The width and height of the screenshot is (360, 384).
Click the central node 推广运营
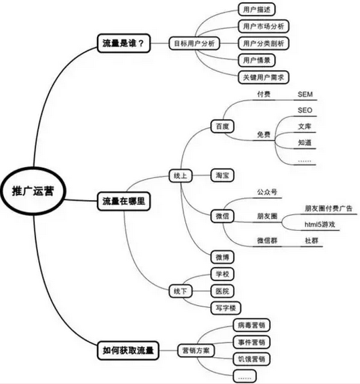click(33, 191)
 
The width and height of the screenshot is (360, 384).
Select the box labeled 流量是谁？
click(124, 43)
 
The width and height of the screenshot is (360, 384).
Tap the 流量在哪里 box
click(124, 201)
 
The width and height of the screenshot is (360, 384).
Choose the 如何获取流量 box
click(128, 351)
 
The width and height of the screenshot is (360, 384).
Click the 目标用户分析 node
click(194, 43)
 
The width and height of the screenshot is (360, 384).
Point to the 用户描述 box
click(257, 10)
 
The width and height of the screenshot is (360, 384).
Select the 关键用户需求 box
click(264, 78)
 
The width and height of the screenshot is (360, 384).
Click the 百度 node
click(222, 126)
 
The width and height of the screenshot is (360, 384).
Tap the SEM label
click(305, 94)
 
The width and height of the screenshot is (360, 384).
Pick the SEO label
click(305, 110)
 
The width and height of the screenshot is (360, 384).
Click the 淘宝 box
click(222, 175)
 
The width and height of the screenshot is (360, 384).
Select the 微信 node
click(222, 216)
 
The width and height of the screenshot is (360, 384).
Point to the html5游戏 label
click(320, 224)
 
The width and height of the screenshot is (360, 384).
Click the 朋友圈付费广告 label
click(329, 209)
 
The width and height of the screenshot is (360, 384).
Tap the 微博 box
click(222, 257)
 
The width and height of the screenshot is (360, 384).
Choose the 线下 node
click(181, 291)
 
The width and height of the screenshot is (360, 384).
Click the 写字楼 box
click(226, 308)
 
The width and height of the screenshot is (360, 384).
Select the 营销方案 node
click(196, 351)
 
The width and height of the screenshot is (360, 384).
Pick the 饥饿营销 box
click(252, 359)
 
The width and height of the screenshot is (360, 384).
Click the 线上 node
click(181, 175)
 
